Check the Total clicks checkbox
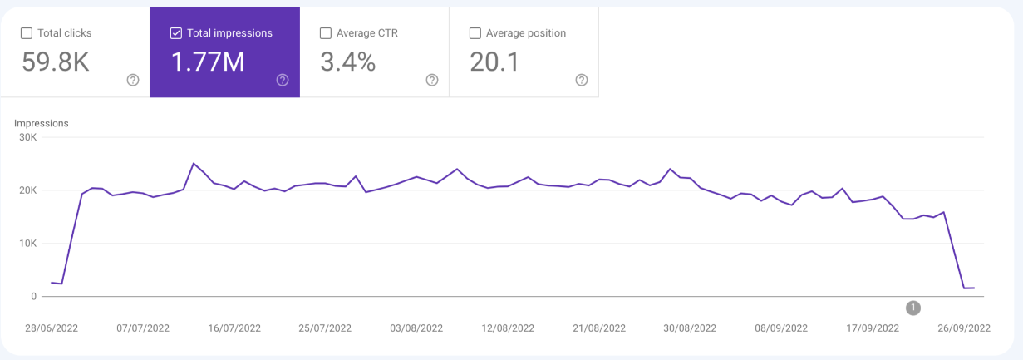27,33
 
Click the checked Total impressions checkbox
176,33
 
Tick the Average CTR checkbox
326,33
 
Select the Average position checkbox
475,33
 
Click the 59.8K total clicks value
55,62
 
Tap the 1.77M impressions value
208,62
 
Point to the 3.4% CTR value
348,62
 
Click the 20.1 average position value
494,62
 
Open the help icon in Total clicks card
133,81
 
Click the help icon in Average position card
582,81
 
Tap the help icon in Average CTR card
432,81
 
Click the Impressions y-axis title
41,123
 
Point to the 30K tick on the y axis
28,137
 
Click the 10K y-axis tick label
28,244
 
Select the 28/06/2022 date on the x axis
52,328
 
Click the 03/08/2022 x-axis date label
416,328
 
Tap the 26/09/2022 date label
964,328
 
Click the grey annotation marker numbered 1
913,308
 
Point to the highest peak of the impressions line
194,163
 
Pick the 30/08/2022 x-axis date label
690,328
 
